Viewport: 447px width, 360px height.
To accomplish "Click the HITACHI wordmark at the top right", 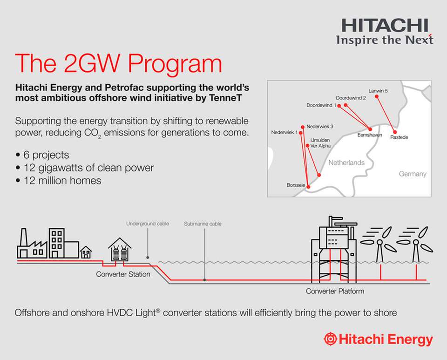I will pos(384,25).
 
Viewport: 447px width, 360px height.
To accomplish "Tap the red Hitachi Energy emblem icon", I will pos(331,339).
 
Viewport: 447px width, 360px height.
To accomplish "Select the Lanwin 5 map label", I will pos(378,91).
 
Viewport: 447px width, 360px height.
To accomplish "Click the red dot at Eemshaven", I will pos(371,129).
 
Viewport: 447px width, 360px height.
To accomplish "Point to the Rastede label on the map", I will pos(400,138).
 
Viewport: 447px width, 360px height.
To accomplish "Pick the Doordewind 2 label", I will pos(351,98).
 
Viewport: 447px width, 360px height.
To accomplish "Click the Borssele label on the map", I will pos(296,185).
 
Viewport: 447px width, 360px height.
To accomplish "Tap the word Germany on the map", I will pos(412,174).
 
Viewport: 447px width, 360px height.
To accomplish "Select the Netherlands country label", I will pos(346,163).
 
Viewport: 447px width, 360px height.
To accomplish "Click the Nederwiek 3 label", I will pos(320,126).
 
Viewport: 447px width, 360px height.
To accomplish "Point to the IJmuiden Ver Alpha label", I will pos(320,143).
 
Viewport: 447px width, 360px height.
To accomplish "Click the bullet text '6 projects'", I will pos(46,155).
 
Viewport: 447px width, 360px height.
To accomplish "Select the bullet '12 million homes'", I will pos(62,180).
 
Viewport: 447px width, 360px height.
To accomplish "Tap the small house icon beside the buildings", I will pos(86,252).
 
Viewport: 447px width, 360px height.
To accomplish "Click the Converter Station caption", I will pos(123,274).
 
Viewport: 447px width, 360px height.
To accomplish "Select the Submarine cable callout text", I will pos(203,224).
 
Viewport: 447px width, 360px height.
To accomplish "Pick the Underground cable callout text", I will pos(148,224).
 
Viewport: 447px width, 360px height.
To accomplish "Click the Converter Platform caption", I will pos(335,292).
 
